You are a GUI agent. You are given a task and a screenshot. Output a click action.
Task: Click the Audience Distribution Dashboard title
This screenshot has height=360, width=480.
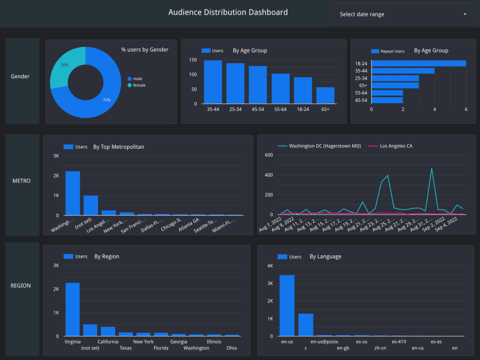click(228, 12)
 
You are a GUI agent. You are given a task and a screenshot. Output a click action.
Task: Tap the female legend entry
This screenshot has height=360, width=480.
click(139, 85)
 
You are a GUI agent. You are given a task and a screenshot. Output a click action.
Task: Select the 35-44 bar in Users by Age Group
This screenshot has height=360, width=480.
click(213, 82)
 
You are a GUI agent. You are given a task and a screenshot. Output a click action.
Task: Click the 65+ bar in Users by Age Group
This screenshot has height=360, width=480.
click(325, 95)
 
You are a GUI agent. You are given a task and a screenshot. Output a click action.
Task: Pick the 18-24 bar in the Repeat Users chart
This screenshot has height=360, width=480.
click(418, 63)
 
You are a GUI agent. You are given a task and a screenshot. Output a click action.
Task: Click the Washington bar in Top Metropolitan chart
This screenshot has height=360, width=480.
click(73, 193)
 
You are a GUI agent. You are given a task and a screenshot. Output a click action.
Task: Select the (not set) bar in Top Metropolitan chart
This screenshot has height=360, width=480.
click(91, 205)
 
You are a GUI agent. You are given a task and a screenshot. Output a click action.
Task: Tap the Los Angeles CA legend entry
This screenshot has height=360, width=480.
click(396, 146)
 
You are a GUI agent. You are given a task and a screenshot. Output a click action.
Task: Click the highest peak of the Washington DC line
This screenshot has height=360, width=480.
click(432, 168)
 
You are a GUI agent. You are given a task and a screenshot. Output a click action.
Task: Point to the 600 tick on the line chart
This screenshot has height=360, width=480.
click(268, 155)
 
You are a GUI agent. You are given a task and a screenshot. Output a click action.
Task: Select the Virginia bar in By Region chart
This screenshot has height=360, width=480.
click(72, 310)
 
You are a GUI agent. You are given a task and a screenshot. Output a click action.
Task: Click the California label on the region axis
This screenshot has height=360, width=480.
click(108, 342)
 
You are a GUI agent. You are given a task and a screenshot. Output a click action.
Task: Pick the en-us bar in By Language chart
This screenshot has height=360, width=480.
click(287, 306)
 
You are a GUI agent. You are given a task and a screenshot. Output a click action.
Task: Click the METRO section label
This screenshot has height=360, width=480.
click(21, 181)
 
